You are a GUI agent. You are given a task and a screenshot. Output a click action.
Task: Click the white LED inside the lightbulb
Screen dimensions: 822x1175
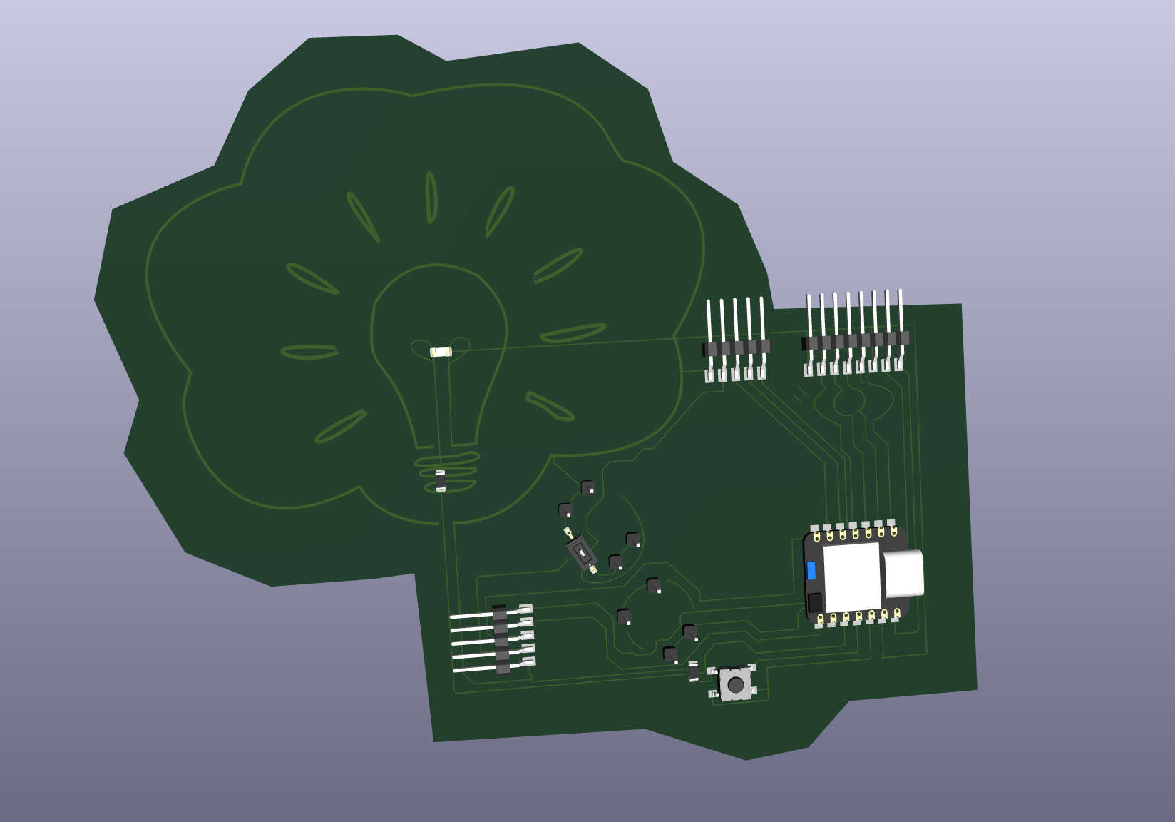click(x=441, y=352)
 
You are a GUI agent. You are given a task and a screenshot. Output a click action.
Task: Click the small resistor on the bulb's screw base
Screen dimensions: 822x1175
click(x=441, y=482)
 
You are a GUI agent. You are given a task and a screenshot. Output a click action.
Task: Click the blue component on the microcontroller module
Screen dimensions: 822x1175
click(x=811, y=571)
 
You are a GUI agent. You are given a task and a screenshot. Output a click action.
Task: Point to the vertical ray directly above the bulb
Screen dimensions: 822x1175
click(x=431, y=197)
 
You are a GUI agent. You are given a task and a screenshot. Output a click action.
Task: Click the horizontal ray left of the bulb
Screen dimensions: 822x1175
click(x=309, y=352)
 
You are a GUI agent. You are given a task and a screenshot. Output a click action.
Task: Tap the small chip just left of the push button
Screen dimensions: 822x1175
click(x=693, y=671)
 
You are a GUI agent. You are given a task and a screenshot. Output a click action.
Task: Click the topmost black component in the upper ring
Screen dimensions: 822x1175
click(x=587, y=487)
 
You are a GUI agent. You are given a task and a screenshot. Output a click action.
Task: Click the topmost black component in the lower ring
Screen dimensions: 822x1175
click(x=653, y=586)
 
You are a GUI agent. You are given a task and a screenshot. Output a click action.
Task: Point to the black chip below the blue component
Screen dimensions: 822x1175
click(x=814, y=602)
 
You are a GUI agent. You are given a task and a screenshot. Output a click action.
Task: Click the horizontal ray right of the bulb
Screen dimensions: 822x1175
click(x=573, y=333)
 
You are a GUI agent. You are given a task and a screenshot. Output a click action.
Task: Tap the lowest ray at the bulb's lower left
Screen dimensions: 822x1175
click(x=340, y=427)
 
